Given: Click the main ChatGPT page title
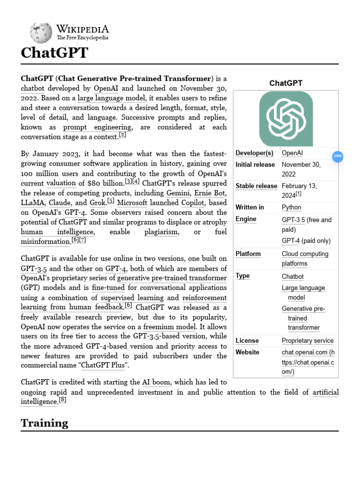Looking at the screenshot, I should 54,52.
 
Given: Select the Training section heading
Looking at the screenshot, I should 44,423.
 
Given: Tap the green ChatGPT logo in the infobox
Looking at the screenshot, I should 286,119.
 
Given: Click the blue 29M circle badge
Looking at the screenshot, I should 337,156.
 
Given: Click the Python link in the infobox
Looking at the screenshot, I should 291,207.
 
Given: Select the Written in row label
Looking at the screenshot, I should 249,207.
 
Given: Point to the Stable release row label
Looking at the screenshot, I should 256,186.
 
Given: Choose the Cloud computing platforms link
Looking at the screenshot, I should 305,259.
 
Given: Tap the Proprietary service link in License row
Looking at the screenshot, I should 307,341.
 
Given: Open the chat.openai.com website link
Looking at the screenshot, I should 308,362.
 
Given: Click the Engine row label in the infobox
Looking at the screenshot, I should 246,219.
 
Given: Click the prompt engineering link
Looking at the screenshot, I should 97,127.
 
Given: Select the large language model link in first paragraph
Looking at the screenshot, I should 112,97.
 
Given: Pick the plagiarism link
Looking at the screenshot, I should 161,232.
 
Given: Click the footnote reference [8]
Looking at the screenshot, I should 62,400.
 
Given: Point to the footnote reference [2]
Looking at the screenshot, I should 122,135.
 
